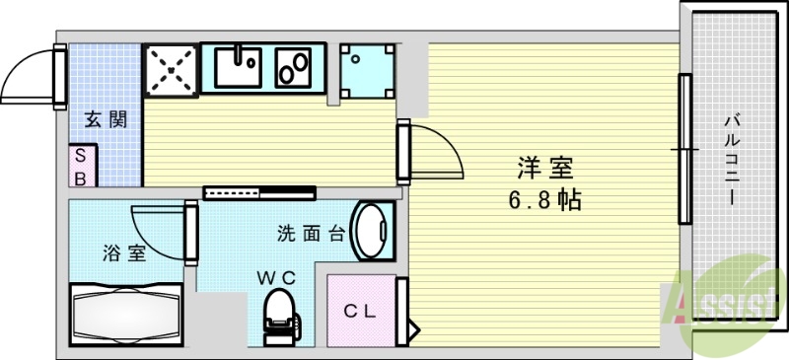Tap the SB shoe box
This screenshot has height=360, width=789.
[x=82, y=167]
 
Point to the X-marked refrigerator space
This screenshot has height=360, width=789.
[x=171, y=68]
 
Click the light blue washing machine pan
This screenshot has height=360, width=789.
[x=366, y=69]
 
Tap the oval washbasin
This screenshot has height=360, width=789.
[x=372, y=232]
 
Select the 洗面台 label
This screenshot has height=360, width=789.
[x=310, y=234]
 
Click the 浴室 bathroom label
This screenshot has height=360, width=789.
[x=124, y=252]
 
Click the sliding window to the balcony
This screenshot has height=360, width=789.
[x=682, y=149]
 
